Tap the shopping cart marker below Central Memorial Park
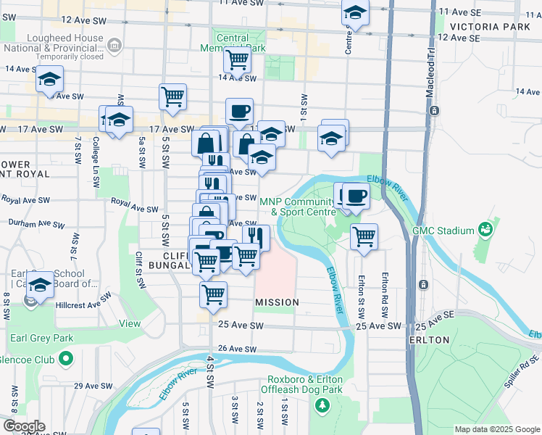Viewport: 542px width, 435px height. point(236,59)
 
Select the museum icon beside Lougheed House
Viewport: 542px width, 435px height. point(114,47)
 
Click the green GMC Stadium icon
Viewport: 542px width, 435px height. point(485,231)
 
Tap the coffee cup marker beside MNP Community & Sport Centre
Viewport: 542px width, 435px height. point(355,196)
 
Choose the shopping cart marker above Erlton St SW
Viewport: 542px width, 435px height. point(364,236)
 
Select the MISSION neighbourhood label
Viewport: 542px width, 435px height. point(277,302)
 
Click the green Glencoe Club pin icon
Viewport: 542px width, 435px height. point(66,358)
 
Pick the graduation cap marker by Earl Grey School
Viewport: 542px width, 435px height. point(41,284)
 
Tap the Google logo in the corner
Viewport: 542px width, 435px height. point(23,426)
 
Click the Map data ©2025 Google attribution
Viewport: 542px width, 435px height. point(496,429)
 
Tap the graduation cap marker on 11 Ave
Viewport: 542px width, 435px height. point(355,12)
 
